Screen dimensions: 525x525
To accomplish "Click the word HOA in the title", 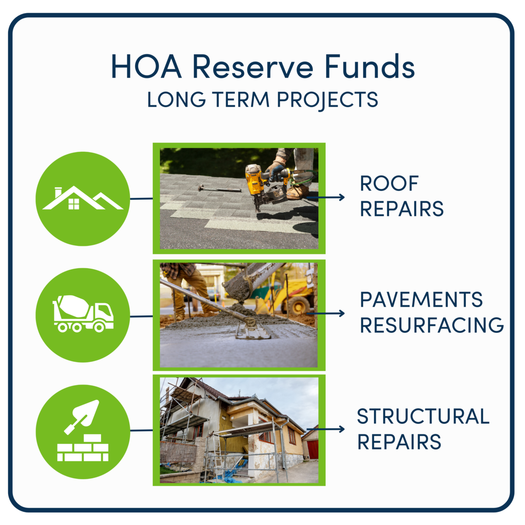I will click(146, 67).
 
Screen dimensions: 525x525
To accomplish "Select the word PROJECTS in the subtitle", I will click(328, 100).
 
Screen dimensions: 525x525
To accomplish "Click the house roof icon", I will click(83, 199).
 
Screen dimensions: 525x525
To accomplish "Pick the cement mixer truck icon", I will click(83, 313).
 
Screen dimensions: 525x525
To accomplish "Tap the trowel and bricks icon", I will click(83, 431).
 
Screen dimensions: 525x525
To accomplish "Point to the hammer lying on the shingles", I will click(219, 189).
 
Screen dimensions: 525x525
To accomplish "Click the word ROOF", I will click(389, 184).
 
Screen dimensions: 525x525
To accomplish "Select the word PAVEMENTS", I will click(421, 300).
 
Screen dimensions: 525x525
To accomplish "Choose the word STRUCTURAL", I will click(423, 416).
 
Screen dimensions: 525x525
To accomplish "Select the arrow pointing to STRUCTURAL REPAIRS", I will click(326, 429).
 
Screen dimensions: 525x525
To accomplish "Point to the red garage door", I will click(312, 449).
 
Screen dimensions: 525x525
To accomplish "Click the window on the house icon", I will click(74, 203).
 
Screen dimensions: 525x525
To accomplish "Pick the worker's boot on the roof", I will click(298, 192).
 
